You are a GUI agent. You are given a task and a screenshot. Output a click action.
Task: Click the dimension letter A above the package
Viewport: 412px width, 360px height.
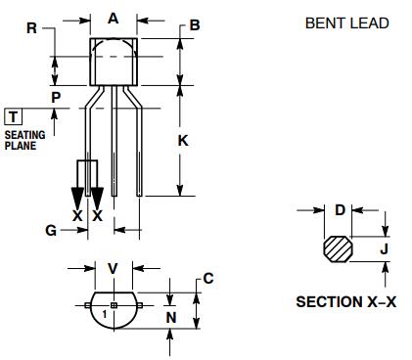click(x=113, y=19)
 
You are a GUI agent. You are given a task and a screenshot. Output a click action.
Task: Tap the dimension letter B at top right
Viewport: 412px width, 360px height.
click(x=195, y=25)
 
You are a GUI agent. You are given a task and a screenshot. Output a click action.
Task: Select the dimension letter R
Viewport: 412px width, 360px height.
click(x=31, y=28)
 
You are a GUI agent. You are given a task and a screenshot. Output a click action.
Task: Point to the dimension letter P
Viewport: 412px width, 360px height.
click(x=56, y=98)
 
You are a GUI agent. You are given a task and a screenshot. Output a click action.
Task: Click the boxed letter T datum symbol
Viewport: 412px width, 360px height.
click(x=13, y=117)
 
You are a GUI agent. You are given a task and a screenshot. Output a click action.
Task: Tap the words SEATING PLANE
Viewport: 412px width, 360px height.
click(x=24, y=140)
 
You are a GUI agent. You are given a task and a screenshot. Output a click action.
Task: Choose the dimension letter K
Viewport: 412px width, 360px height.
click(x=183, y=141)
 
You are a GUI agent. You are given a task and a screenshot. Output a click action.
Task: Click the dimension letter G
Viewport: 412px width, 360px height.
click(x=51, y=231)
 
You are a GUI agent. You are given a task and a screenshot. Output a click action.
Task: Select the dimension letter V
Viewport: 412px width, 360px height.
click(x=113, y=269)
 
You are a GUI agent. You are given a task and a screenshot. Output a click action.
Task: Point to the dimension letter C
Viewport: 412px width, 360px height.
click(x=208, y=279)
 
